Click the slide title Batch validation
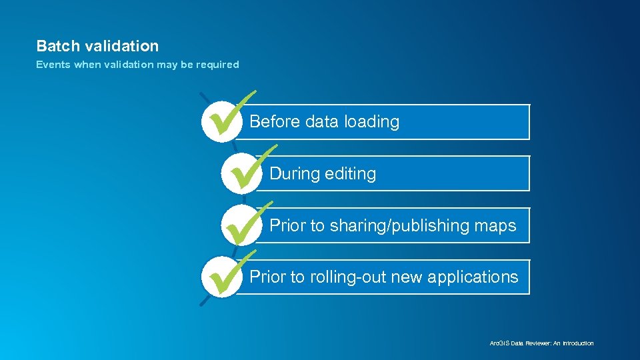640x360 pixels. pyautogui.click(x=97, y=46)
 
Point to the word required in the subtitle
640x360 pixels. pyautogui.click(x=216, y=65)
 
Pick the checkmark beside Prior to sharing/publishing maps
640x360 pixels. pyautogui.click(x=246, y=223)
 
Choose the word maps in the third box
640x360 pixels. pyautogui.click(x=495, y=226)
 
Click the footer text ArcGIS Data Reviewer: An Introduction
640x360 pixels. pyautogui.click(x=541, y=343)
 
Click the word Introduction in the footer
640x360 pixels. pyautogui.click(x=577, y=343)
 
